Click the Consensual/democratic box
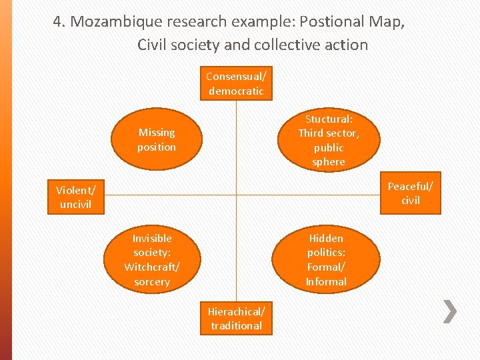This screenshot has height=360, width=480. (x=236, y=83)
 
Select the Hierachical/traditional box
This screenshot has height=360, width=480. (x=236, y=318)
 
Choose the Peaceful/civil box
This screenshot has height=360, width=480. (x=411, y=193)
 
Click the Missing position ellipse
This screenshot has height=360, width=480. (x=156, y=139)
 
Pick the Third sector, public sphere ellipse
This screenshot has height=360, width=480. (x=328, y=140)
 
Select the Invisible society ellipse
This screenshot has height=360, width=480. (x=152, y=259)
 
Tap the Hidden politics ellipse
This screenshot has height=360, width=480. (x=326, y=259)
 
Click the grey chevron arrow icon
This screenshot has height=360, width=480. (x=451, y=311)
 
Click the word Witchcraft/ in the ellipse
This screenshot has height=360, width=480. (x=152, y=267)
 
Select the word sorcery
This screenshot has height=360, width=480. (x=152, y=282)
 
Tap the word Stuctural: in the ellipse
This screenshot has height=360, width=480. (x=329, y=119)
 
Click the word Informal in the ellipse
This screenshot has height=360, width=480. (x=326, y=282)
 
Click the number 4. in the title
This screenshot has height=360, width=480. (x=60, y=21)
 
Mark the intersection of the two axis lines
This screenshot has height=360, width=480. (x=236, y=195)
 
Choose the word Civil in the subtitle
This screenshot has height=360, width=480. (x=154, y=45)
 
